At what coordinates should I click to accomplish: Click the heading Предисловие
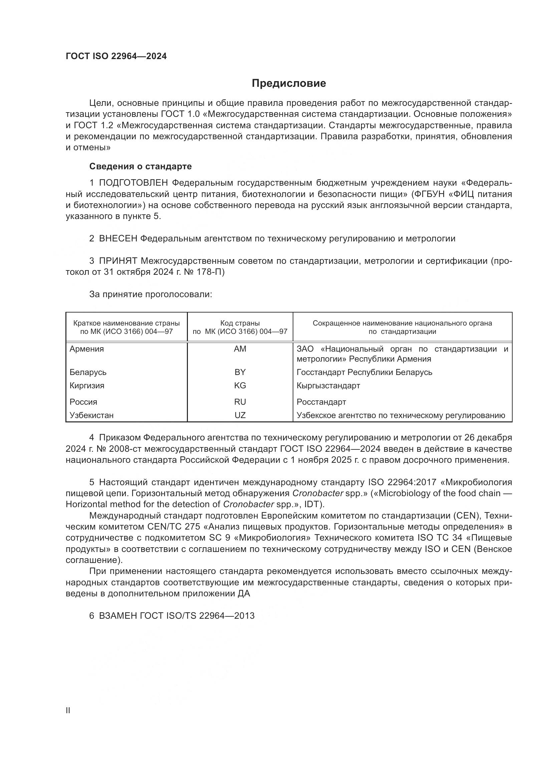coord(289,83)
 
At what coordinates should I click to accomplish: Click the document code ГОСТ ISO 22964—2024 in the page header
coord(116,56)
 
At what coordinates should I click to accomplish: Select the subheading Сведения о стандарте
coord(141,166)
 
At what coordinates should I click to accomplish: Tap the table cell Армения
coord(87,349)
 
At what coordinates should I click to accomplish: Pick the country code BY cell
coord(240,372)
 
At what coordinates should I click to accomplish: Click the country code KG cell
coord(240,385)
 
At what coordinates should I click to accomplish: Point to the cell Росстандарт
coord(321,402)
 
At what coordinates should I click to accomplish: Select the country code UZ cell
coord(240,415)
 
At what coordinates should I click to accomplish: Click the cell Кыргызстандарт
coord(328,385)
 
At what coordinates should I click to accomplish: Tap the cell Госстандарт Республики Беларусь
coord(364,372)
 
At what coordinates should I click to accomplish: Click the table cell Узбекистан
coord(91,415)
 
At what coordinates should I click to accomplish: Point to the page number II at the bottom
coord(68,711)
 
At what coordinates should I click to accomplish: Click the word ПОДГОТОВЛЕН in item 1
coord(133,183)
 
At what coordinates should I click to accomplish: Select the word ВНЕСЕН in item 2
coord(118,239)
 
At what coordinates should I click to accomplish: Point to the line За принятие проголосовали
coord(151,294)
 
